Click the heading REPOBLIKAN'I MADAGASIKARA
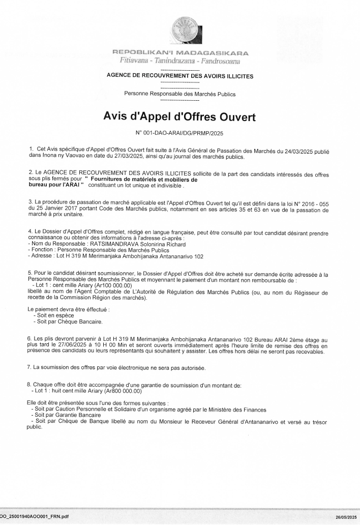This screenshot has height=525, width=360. click(180, 52)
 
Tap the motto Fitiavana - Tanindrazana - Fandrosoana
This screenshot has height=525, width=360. click(180, 61)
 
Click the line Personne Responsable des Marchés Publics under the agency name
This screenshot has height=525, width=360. click(180, 94)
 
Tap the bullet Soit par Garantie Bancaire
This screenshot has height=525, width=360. click(66, 415)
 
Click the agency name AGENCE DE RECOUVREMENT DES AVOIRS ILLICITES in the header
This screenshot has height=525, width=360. click(180, 76)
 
